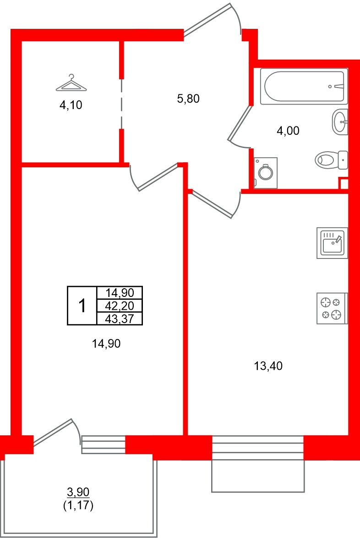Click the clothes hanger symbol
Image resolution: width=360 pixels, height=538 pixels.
click(71, 83)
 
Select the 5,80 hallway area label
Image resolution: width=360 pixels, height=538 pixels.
click(188, 98)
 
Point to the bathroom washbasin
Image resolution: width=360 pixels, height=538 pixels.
click(340, 122)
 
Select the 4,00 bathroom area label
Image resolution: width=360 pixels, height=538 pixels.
click(288, 132)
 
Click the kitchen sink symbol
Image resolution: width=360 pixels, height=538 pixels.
click(332, 242)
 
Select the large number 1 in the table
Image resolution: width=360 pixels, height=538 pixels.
click(82, 306)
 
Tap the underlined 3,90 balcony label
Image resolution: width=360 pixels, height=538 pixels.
click(78, 493)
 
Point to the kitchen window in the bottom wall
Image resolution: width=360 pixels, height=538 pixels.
click(258, 448)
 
